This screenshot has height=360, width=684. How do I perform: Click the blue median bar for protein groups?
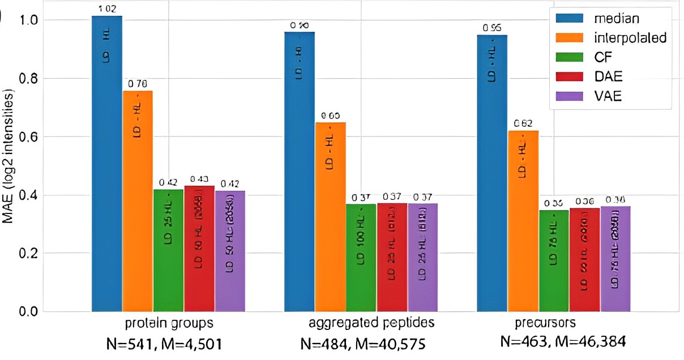click(x=107, y=164)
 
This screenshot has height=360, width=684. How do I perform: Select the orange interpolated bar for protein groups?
click(x=138, y=201)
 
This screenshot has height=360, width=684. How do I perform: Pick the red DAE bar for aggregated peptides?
click(x=392, y=258)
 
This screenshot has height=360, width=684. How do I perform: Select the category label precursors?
click(x=545, y=323)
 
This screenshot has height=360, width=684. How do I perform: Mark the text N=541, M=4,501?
click(x=161, y=342)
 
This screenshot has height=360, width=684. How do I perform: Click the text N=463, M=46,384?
click(x=563, y=342)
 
